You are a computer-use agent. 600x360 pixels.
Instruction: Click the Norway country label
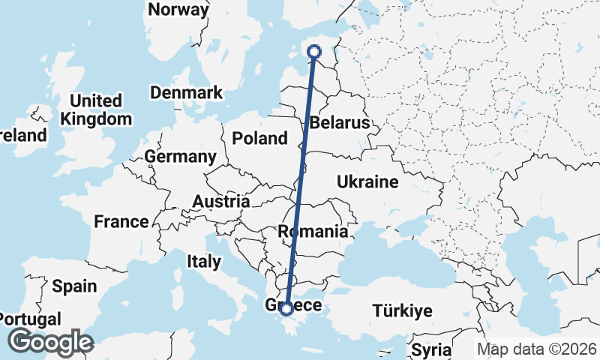(x=178, y=10)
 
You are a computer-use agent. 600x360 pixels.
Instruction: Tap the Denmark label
(x=186, y=93)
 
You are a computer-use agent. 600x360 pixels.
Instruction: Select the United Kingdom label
(x=96, y=109)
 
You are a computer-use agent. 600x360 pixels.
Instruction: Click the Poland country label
(x=259, y=138)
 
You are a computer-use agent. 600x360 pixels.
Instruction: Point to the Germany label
(x=180, y=157)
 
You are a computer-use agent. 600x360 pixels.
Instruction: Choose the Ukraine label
(x=367, y=182)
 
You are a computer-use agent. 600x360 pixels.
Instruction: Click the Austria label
(x=220, y=202)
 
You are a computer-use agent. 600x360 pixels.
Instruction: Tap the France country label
(x=121, y=222)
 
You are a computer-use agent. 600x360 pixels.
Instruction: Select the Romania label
(x=313, y=232)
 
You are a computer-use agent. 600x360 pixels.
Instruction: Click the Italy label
(x=204, y=262)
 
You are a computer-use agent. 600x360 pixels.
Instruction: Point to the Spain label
(x=74, y=286)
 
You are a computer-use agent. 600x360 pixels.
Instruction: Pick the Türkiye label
(x=403, y=310)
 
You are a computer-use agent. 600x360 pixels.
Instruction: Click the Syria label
(x=431, y=350)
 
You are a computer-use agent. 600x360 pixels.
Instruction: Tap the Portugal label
(x=30, y=319)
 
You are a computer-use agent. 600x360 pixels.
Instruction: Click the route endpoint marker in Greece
(x=286, y=308)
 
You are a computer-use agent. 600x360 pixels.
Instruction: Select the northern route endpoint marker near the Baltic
(x=314, y=52)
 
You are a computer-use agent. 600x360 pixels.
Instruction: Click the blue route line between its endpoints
(x=300, y=180)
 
